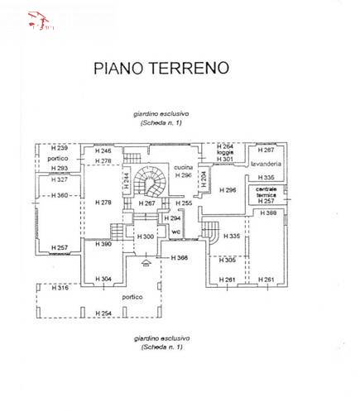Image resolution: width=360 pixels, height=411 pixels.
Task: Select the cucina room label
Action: pos(183,169)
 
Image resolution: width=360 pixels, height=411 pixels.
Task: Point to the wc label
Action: pos(175,231)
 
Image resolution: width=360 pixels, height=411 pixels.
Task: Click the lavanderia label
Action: pos(266,164)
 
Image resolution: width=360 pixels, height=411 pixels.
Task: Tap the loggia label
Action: pos(225,152)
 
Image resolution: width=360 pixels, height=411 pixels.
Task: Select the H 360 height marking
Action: pos(60,195)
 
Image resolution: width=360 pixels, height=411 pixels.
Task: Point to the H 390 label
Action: pos(103,244)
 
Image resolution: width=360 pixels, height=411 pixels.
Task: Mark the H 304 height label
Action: pos(103,280)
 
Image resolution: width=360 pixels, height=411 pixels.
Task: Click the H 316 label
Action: pos(60,288)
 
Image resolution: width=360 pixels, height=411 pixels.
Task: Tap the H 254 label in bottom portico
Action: pos(103,313)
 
